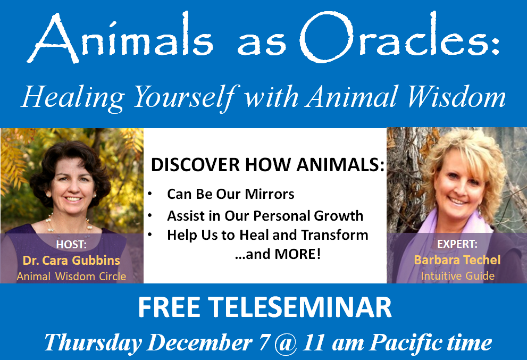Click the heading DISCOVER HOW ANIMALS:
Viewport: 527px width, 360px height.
click(267, 165)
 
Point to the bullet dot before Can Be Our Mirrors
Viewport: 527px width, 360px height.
click(150, 194)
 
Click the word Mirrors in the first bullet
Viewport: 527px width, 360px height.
click(270, 194)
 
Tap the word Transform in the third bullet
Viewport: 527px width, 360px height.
click(334, 235)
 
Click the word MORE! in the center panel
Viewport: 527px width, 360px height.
click(298, 254)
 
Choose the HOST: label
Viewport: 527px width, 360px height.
click(71, 245)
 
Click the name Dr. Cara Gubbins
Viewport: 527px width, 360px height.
click(71, 260)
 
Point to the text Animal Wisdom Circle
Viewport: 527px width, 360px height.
click(71, 277)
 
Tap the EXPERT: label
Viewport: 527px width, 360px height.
click(457, 244)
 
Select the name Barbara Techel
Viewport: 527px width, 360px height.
click(457, 260)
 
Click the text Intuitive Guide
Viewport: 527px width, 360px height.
click(457, 276)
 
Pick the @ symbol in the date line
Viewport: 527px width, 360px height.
click(286, 343)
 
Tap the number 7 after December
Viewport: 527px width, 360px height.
click(264, 342)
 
